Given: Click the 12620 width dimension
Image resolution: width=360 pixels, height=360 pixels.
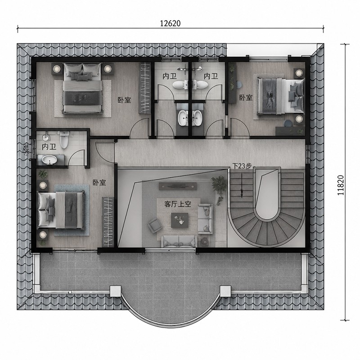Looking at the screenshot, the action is pos(170,23).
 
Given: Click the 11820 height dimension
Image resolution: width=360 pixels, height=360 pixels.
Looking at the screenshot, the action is pos(341,185).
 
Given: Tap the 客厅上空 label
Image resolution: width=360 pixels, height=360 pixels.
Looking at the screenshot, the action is pos(178,204).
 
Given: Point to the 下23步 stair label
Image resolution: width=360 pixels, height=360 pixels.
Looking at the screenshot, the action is pos(242,166).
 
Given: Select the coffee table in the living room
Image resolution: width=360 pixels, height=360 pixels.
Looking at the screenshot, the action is pos(180,220).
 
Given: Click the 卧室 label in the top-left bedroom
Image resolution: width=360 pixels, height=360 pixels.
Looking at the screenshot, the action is pos(124,100).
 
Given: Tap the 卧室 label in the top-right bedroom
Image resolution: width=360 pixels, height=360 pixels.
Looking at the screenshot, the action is pos(246,98).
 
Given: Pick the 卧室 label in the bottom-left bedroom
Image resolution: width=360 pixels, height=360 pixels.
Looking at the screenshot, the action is pos(99,183).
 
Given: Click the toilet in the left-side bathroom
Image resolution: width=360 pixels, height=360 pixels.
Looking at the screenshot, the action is pos(64,139).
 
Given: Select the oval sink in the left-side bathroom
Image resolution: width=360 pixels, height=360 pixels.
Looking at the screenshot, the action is pos(49,160).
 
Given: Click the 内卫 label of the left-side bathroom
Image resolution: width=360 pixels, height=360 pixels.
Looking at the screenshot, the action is pos(49,147).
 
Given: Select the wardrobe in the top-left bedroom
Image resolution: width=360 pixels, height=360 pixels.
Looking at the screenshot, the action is pos(144,88).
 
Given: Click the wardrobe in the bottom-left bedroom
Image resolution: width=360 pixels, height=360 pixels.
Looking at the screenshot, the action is pos(108,222).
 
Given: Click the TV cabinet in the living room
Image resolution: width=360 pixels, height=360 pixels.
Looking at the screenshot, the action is pos(178,186).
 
